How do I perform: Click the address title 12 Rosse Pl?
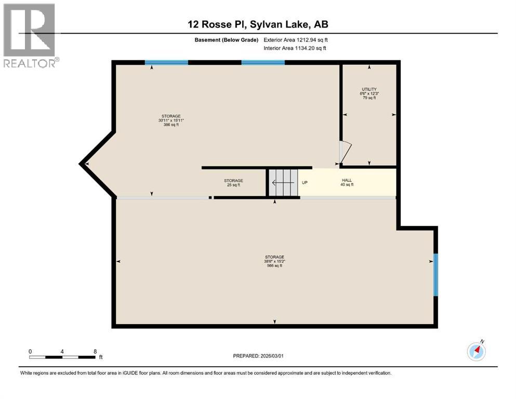pos(258,24)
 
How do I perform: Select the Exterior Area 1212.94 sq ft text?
pos(296,39)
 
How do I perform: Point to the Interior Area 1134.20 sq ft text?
pos(296,48)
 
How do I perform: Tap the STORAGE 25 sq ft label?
pos(233,183)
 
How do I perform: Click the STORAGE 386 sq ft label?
pos(171,121)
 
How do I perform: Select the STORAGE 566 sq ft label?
pos(274,261)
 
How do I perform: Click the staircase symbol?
pos(283,183)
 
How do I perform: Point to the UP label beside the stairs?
pos(305,183)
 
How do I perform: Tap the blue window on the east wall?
pos(435,275)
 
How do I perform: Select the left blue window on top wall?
pos(166,62)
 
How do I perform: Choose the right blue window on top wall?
pos(263,62)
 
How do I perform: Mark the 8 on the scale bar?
pos(95,352)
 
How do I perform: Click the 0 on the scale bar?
pos(30,352)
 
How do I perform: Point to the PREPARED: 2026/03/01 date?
pos(258,356)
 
